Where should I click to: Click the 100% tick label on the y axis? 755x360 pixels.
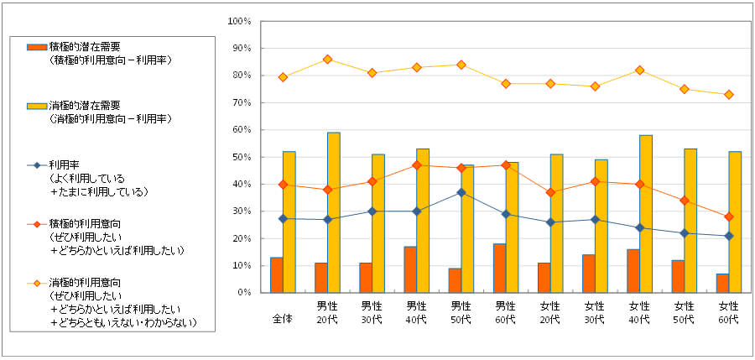(x=239, y=21)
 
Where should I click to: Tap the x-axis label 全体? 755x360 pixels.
(x=283, y=318)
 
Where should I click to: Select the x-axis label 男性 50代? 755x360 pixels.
(x=461, y=312)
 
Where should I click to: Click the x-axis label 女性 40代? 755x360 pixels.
(x=639, y=312)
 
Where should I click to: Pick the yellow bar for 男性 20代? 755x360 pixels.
(x=334, y=212)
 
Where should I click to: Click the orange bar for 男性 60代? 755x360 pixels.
(x=499, y=268)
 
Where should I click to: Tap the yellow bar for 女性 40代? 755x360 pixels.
(x=645, y=213)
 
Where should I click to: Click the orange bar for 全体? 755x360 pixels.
(x=277, y=274)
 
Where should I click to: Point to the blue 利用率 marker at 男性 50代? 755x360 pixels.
(x=461, y=192)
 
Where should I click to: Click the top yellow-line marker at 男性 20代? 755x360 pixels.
(x=327, y=59)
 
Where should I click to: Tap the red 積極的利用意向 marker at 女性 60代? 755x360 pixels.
(x=728, y=217)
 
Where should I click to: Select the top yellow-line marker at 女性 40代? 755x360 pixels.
(x=639, y=70)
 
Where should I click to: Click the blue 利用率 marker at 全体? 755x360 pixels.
(x=283, y=218)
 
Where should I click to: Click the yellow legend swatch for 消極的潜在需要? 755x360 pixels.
(x=38, y=107)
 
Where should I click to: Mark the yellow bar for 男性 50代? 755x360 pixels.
(x=467, y=228)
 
